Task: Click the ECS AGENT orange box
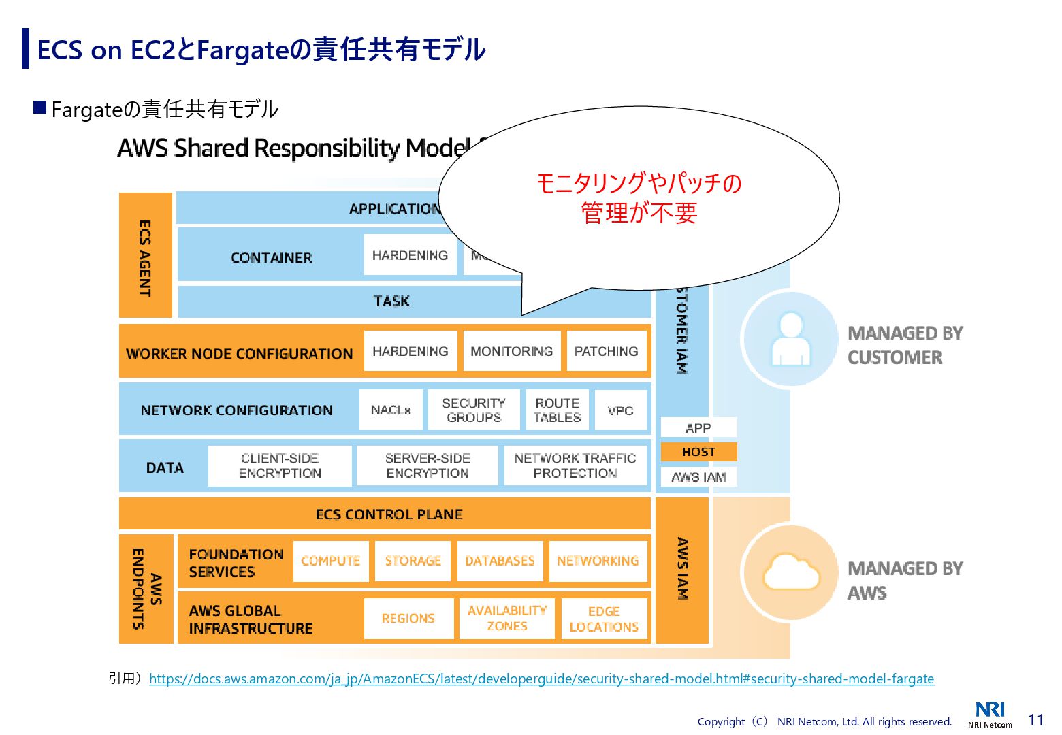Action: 145,255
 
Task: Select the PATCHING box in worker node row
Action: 606,351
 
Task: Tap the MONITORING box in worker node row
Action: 511,351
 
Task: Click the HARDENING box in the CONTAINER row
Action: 410,255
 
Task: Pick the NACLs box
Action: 391,410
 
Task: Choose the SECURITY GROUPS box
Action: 474,410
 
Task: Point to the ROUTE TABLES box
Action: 557,410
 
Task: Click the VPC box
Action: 620,410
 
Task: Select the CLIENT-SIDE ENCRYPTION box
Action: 280,466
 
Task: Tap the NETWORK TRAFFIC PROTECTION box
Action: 575,466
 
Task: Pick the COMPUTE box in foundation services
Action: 331,561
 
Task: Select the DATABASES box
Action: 500,561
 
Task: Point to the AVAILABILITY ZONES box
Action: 506,619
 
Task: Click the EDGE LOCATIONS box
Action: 604,619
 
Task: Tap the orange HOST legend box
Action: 698,452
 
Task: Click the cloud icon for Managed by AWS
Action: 791,572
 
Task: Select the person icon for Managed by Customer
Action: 790,338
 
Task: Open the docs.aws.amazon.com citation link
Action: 541,679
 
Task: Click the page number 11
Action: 1035,720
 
